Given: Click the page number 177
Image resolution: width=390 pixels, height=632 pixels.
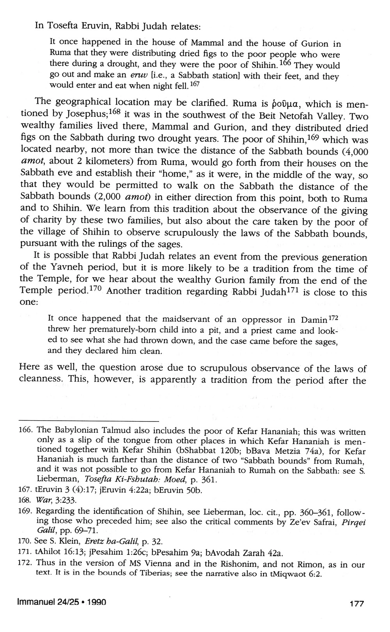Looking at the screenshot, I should pos(356,604).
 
